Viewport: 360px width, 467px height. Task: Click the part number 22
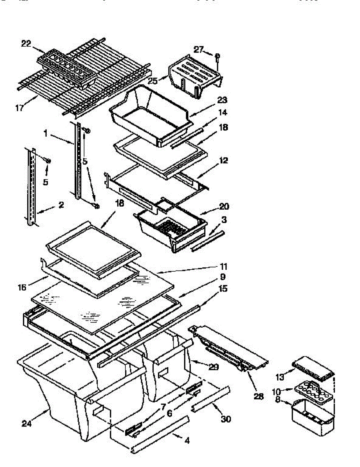[26, 44]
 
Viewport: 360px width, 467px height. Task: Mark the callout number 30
[226, 419]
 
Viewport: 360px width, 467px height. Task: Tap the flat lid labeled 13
[314, 368]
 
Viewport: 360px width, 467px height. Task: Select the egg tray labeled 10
[314, 389]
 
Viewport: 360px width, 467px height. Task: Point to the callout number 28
[258, 396]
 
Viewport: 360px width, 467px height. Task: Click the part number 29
[214, 367]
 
